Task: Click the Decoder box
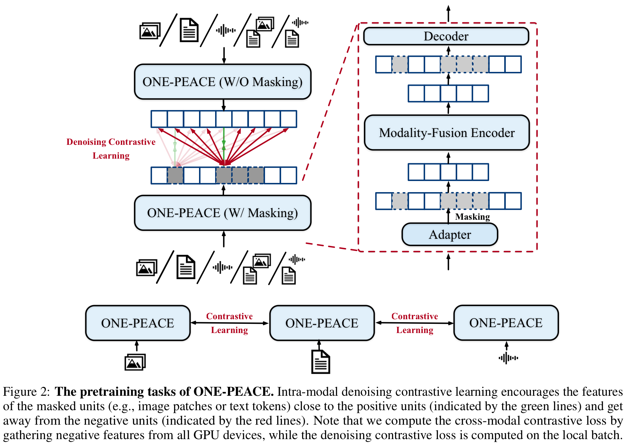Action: [x=446, y=36]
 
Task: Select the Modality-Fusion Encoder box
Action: [x=447, y=133]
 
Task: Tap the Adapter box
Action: [x=450, y=234]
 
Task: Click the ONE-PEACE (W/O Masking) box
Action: [x=223, y=82]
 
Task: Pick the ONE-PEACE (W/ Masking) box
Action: [x=223, y=213]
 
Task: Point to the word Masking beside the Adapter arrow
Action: [x=472, y=217]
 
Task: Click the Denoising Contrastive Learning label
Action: [x=111, y=148]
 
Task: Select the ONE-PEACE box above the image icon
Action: [x=138, y=323]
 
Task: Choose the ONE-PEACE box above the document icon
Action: [x=322, y=323]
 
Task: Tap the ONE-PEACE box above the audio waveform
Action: [x=506, y=323]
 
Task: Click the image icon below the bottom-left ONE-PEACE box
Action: [x=135, y=362]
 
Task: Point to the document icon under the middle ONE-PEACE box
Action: [x=321, y=362]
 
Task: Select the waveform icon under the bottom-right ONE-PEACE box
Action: [x=508, y=358]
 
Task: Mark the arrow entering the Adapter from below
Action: [x=448, y=262]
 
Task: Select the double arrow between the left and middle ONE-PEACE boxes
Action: [x=230, y=323]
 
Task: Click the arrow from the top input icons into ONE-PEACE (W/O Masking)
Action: [x=224, y=56]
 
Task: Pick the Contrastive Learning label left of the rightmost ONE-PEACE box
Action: [x=414, y=323]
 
